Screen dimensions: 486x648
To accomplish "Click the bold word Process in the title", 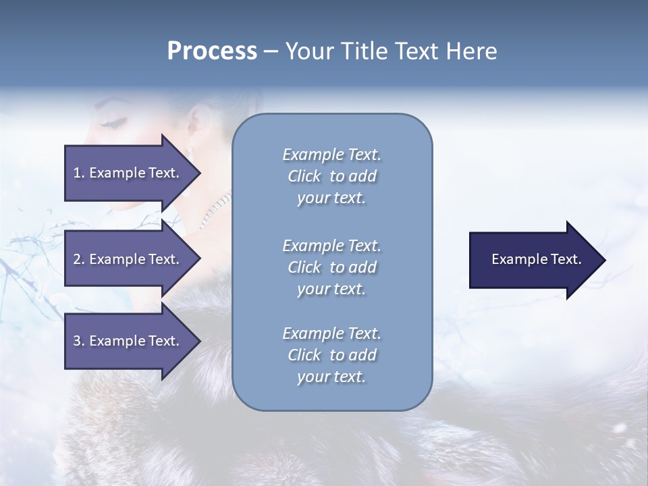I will coord(212,51).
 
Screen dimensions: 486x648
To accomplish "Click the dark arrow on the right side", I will coord(533,259).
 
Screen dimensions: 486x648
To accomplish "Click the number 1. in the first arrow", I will coord(78,173).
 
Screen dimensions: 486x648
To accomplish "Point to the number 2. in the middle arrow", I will coord(78,259).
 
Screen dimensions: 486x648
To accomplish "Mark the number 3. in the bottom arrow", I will coord(78,341).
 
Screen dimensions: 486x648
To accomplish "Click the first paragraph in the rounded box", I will coord(331,176).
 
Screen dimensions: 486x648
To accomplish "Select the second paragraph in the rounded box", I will coord(331,267).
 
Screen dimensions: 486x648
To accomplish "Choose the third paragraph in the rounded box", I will coord(331,355).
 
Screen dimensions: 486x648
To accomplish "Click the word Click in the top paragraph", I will coord(304,176).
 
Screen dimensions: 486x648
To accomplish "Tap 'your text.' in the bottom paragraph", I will coord(331,377).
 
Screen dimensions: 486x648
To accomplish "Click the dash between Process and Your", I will coord(271,52).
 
